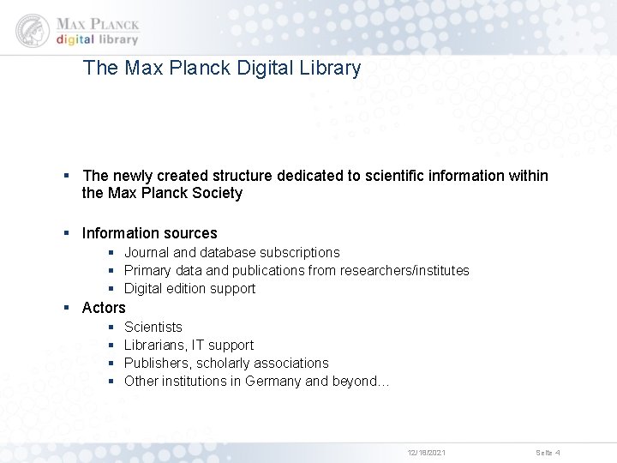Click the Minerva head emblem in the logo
click(33, 30)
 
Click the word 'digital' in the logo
click(75, 39)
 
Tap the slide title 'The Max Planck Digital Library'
click(222, 68)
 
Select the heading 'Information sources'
click(149, 233)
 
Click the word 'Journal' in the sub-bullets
click(147, 252)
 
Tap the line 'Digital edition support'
click(189, 288)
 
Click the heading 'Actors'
click(104, 307)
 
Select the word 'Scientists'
click(153, 327)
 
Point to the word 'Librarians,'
click(158, 345)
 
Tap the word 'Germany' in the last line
click(273, 381)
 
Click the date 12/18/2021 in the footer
click(426, 452)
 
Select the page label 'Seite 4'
click(548, 452)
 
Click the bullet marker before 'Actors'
click(68, 307)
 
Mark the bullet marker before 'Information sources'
click(68, 233)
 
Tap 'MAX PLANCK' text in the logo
click(97, 23)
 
